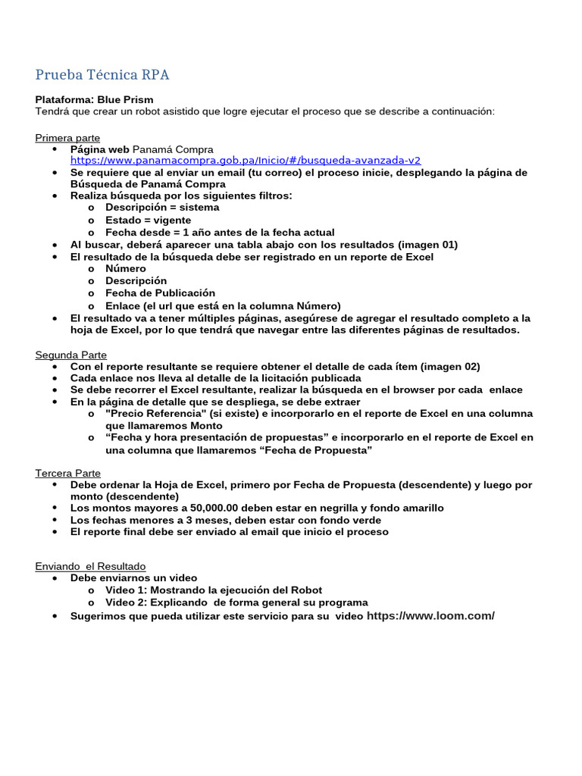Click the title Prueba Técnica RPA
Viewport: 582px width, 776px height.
(102, 74)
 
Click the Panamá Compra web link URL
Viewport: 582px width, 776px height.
(246, 161)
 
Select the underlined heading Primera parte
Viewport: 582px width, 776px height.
(67, 137)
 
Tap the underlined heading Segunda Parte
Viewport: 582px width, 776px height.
(71, 355)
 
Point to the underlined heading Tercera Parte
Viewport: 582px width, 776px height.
(68, 473)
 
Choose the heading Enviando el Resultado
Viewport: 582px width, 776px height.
(91, 566)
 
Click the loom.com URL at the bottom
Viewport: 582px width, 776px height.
(430, 615)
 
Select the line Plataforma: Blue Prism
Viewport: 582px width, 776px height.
(94, 99)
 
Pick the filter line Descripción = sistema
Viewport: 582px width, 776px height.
(162, 207)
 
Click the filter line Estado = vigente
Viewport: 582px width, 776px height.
(148, 220)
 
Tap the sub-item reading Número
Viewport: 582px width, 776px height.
(126, 268)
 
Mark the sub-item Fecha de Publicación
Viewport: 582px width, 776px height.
(160, 293)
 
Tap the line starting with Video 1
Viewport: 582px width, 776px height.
(213, 590)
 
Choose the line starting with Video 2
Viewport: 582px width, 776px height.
(236, 602)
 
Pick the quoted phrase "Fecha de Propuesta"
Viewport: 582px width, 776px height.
(324, 450)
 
